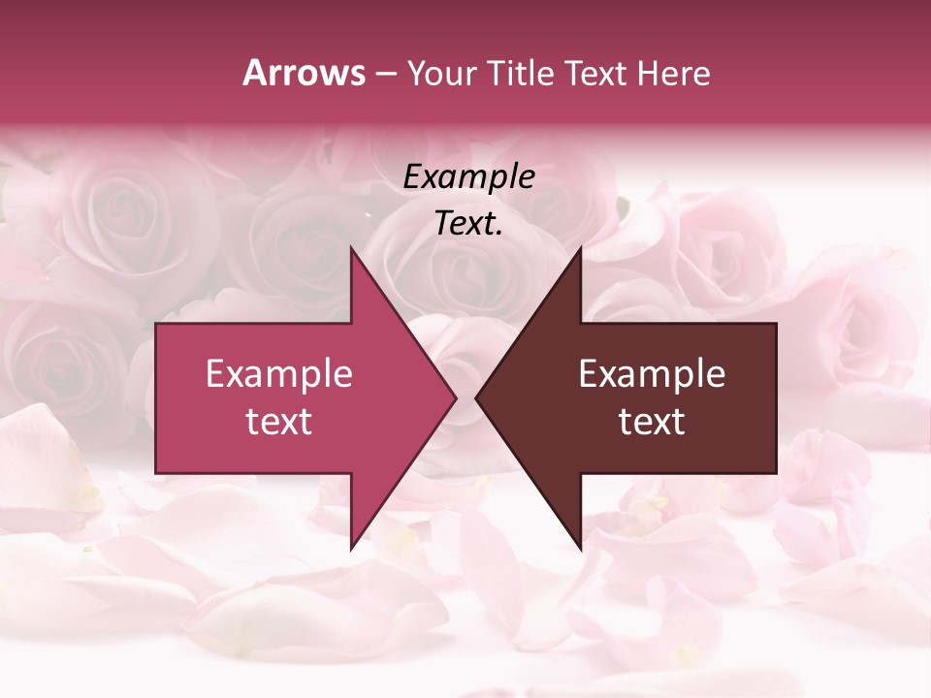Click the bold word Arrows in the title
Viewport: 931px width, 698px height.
[304, 73]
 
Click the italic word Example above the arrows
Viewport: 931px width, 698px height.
[468, 176]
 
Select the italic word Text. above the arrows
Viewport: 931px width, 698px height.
[468, 223]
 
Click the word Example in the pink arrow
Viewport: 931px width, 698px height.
[279, 374]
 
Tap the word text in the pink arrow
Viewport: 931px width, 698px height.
[279, 422]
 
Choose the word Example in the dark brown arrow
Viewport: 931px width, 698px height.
[652, 374]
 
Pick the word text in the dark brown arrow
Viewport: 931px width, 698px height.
[652, 422]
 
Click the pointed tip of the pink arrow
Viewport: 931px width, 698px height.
[455, 398]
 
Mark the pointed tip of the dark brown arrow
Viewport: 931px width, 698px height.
[476, 398]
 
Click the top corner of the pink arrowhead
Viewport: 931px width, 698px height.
[351, 248]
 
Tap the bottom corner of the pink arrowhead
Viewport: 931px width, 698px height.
[351, 549]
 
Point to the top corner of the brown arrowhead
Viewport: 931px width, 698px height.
[580, 248]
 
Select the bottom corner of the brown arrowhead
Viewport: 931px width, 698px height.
[580, 549]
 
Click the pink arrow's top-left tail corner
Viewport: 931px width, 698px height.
[156, 324]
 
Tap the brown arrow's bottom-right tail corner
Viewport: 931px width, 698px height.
[776, 473]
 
